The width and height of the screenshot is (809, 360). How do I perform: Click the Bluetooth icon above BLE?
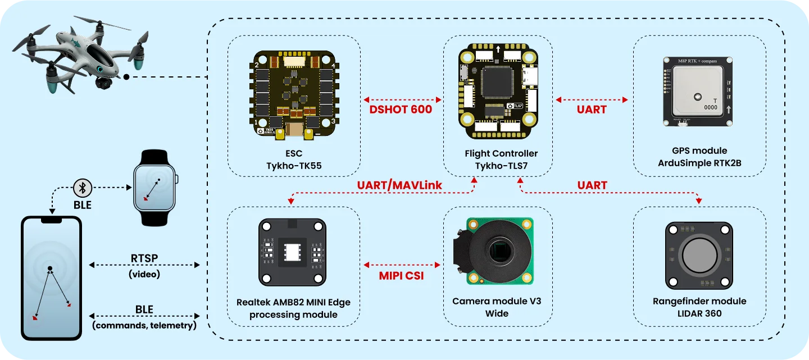pos(83,188)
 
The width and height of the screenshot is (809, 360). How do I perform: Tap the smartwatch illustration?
pos(154,188)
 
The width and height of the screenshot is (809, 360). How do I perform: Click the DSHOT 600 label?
pos(401,110)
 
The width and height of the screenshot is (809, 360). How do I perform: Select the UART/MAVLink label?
pos(399,185)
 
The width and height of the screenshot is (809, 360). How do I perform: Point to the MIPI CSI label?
pos(401,275)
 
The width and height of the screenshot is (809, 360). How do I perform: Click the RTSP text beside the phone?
pos(144,258)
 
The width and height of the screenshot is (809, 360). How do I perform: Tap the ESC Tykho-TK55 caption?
pos(293,159)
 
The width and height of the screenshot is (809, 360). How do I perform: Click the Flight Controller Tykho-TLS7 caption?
pos(501,159)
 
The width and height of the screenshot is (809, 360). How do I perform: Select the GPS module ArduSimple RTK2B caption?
pos(699,157)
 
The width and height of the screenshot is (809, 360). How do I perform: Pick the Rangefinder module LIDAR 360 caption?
pos(699,307)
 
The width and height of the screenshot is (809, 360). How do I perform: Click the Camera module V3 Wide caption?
pos(497,307)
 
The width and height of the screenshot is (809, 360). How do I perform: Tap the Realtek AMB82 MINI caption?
pos(293,308)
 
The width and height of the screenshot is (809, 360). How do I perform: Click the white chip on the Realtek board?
pos(293,254)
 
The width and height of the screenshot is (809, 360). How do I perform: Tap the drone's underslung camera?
pos(103,84)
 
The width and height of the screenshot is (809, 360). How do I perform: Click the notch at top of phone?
pos(51,220)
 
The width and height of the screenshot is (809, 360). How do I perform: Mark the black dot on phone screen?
pos(50,268)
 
